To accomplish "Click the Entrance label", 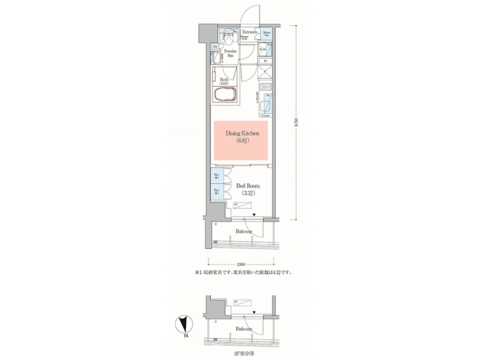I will tap(249, 31).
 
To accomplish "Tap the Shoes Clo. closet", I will tap(266, 33).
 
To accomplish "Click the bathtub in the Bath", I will tap(224, 93).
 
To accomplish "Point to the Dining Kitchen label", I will tap(241, 134).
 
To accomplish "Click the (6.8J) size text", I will tap(241, 142).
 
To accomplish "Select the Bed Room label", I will tap(244, 187).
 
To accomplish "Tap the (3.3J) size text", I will tap(244, 195).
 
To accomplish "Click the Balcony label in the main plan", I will tap(243, 231).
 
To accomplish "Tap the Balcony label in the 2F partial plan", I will tap(243, 329).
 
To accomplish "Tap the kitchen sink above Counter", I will tap(267, 104).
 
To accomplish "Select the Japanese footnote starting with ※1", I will tap(242, 273).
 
